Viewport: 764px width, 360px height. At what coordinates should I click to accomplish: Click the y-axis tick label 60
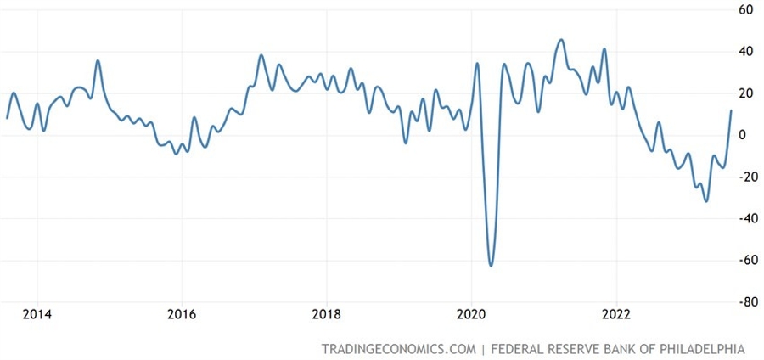coord(747,10)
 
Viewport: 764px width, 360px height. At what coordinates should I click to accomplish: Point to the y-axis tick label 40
coord(747,52)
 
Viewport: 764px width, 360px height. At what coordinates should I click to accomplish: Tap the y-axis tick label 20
coord(747,93)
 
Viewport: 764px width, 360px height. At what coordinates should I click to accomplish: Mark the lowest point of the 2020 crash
coord(491,265)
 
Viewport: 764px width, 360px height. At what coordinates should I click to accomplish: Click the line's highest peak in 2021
coord(561,40)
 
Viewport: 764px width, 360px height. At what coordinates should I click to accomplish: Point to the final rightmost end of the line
coord(731,110)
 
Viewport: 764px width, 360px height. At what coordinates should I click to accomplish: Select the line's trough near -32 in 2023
coord(706,201)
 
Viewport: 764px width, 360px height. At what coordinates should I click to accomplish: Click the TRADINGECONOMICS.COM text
coord(397,349)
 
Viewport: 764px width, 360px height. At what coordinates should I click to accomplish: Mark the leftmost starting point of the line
coord(7,118)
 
